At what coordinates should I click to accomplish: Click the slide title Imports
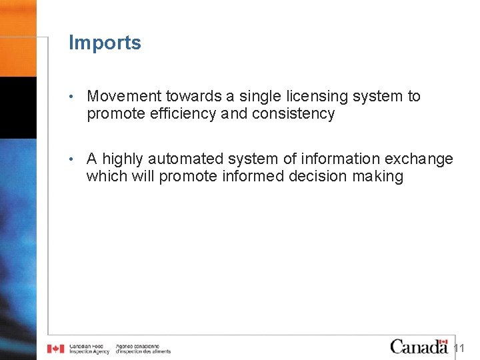click(105, 43)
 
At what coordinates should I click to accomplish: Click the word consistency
click(293, 114)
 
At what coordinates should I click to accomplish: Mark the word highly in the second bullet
click(123, 159)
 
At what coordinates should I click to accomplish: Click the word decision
click(314, 177)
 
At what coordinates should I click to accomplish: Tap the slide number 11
click(459, 349)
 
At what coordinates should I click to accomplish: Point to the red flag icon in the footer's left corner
click(55, 348)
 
